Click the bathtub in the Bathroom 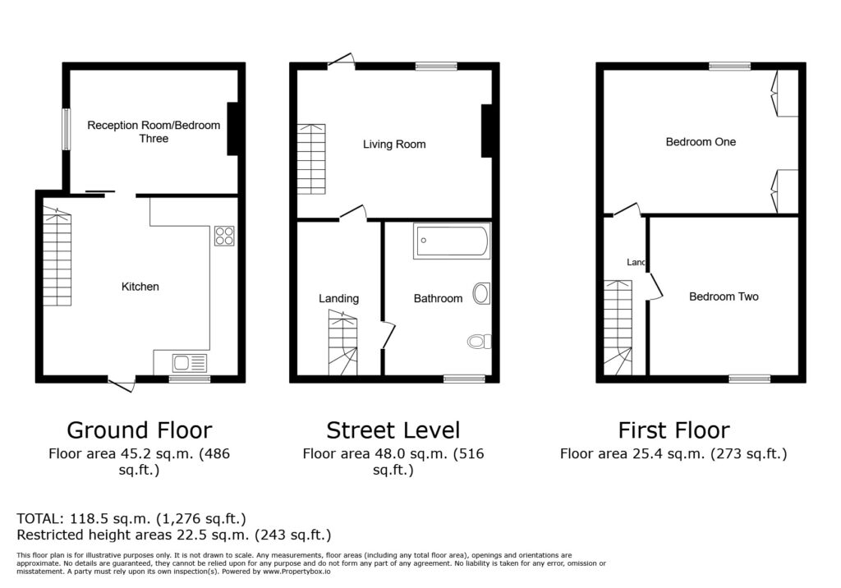(x=452, y=241)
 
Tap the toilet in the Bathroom (x=478, y=341)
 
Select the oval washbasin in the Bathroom (x=482, y=294)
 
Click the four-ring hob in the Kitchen (x=224, y=236)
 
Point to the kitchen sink (x=190, y=362)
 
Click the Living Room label (x=394, y=145)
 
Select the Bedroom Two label (x=724, y=296)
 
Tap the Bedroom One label (x=701, y=142)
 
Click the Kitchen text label (x=140, y=287)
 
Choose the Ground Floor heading (x=139, y=430)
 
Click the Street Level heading (x=393, y=430)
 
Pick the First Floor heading (x=673, y=430)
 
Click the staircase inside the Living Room (x=311, y=158)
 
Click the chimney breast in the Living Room (x=486, y=131)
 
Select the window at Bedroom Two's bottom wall (x=749, y=379)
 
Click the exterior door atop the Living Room (x=340, y=62)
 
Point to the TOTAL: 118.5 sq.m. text (x=131, y=519)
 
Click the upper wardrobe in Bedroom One (x=786, y=92)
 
